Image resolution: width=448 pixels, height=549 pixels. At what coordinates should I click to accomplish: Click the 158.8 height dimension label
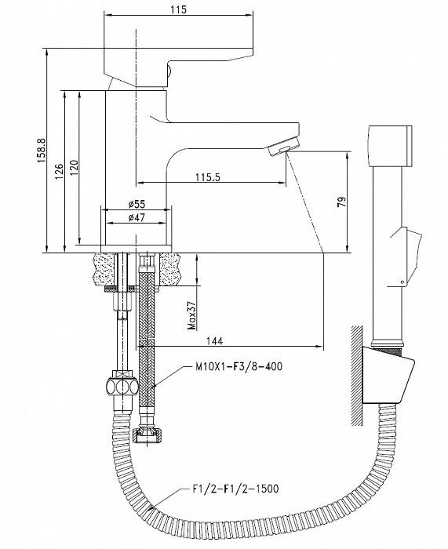[42, 151]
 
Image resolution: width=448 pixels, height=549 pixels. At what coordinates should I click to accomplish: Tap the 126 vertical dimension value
[59, 172]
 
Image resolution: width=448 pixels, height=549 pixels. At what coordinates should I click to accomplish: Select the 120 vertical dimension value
[73, 168]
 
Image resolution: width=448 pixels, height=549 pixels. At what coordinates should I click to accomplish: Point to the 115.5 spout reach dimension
[208, 177]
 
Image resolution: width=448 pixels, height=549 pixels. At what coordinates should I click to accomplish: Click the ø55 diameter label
[137, 204]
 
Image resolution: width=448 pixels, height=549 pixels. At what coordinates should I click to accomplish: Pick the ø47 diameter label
[137, 217]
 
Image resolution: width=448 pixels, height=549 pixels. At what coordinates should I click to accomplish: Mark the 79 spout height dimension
[341, 202]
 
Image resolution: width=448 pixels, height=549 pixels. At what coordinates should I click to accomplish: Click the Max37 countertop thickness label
[191, 316]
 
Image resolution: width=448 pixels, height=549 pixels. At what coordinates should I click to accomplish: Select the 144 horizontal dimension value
[214, 340]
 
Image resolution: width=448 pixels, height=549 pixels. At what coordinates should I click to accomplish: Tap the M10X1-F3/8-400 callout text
[239, 366]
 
